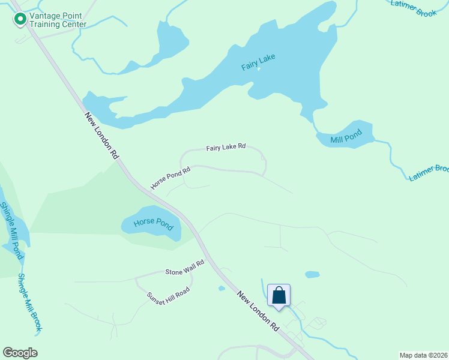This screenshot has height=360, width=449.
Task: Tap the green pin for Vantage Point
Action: [x=20, y=20]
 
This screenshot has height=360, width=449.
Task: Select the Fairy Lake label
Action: [x=258, y=62]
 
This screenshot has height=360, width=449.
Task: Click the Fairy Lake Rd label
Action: [x=226, y=146]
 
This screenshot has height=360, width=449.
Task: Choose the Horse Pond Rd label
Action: [x=170, y=178]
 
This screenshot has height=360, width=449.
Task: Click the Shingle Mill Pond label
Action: [x=12, y=230]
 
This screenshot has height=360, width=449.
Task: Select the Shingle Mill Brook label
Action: [x=30, y=302]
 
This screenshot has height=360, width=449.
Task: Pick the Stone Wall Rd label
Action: [x=185, y=268]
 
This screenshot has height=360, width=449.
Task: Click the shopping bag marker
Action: [x=279, y=295]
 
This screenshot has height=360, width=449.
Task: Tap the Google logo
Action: [x=20, y=353]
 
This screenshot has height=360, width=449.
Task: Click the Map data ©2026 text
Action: [x=423, y=355]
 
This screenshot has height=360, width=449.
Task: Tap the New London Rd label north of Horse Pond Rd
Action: [x=101, y=135]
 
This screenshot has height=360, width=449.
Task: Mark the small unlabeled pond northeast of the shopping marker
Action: [x=312, y=275]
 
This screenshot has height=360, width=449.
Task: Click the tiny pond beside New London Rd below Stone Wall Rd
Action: [x=221, y=289]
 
